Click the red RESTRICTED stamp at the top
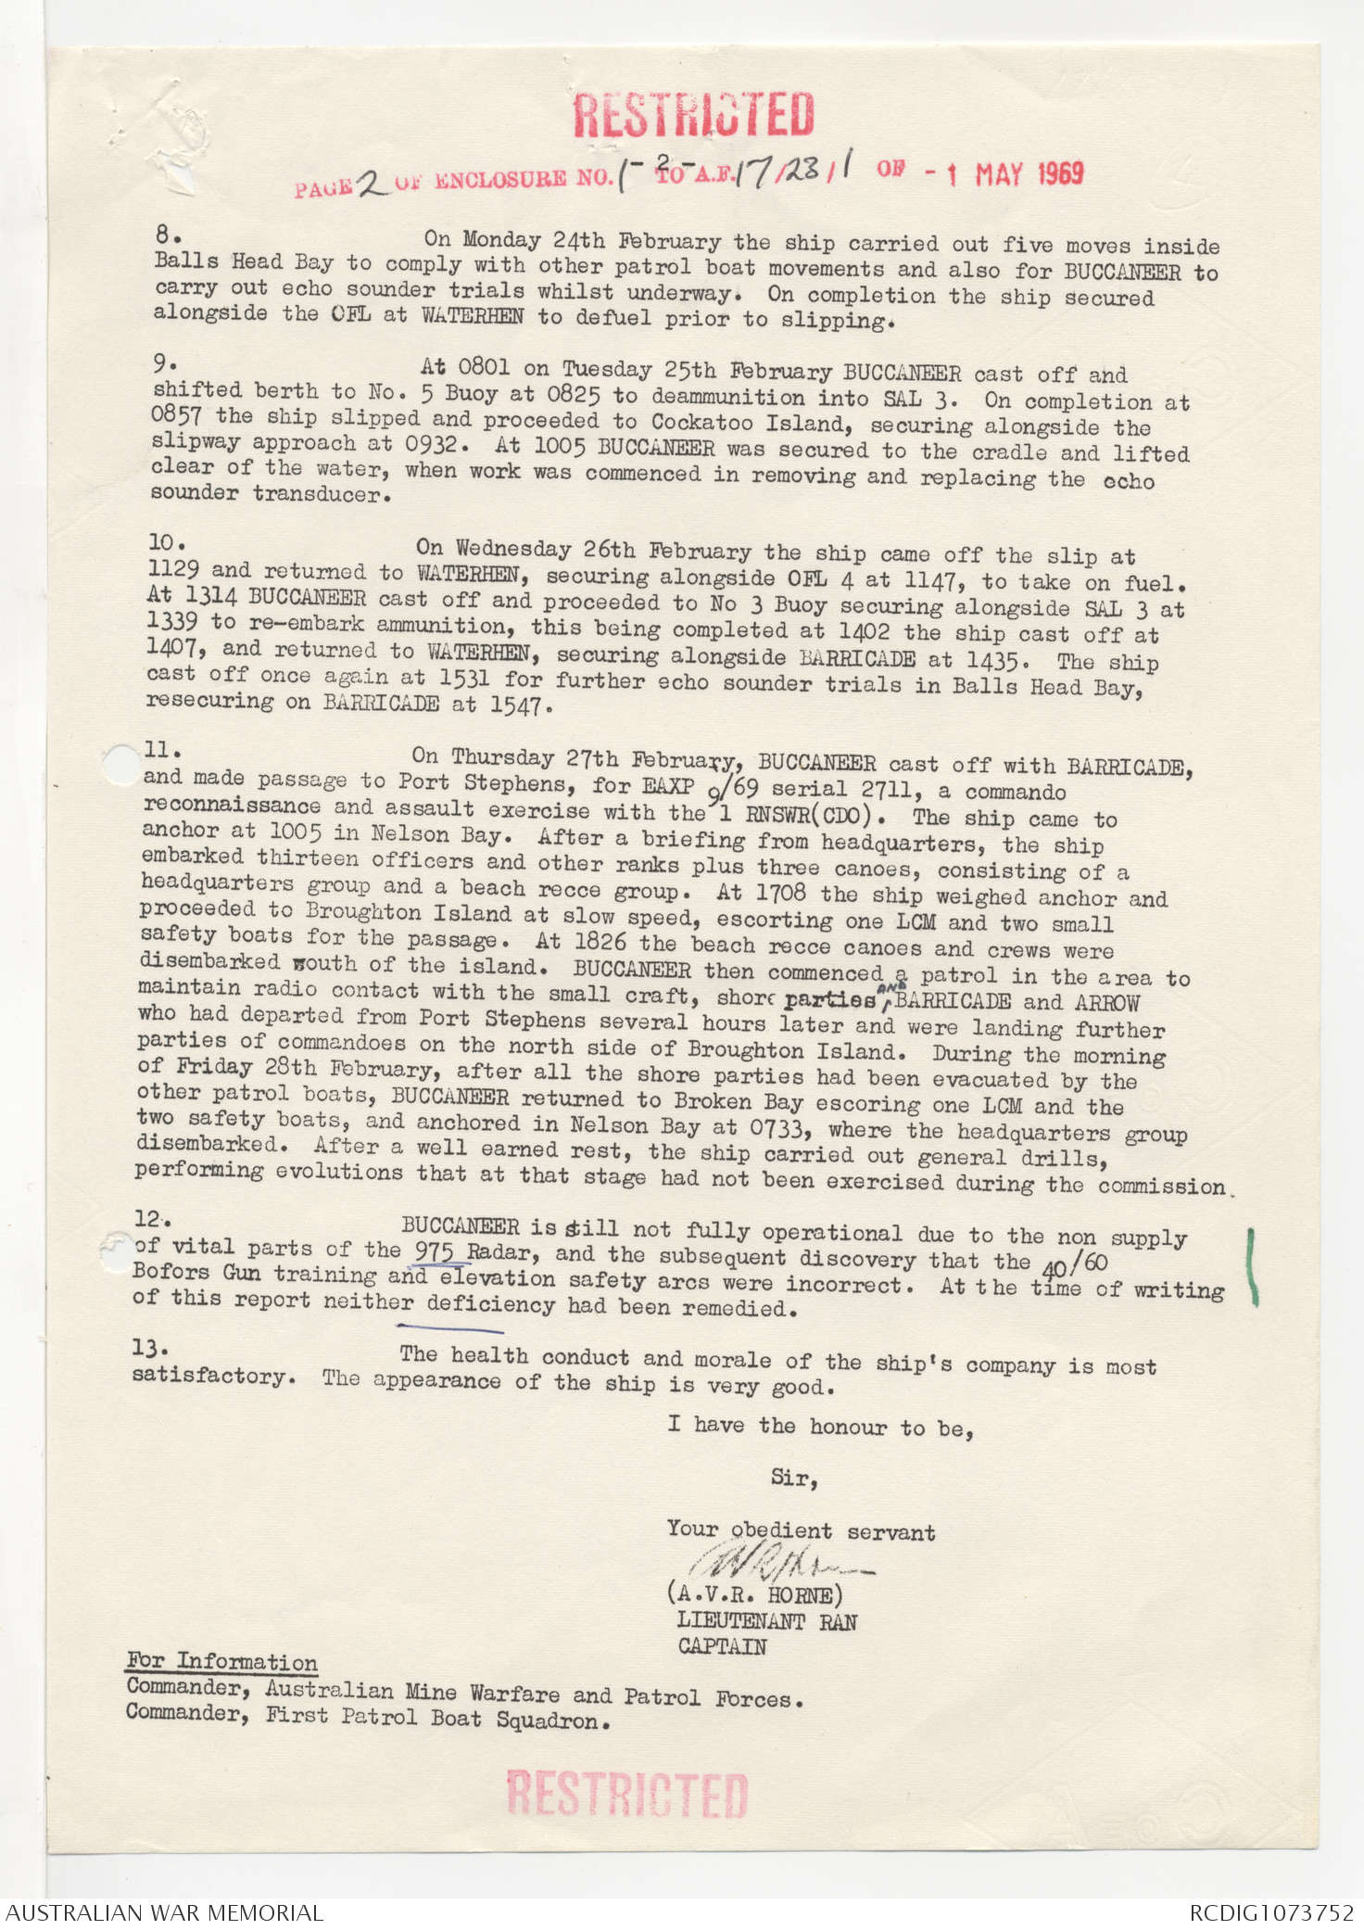coord(693,115)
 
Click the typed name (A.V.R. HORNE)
coord(754,1594)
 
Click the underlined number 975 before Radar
coord(435,1251)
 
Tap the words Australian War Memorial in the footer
coord(165,1911)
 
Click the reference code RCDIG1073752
coord(1271,1911)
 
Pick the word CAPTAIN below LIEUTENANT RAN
coord(722,1646)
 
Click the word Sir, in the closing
coord(794,1478)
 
